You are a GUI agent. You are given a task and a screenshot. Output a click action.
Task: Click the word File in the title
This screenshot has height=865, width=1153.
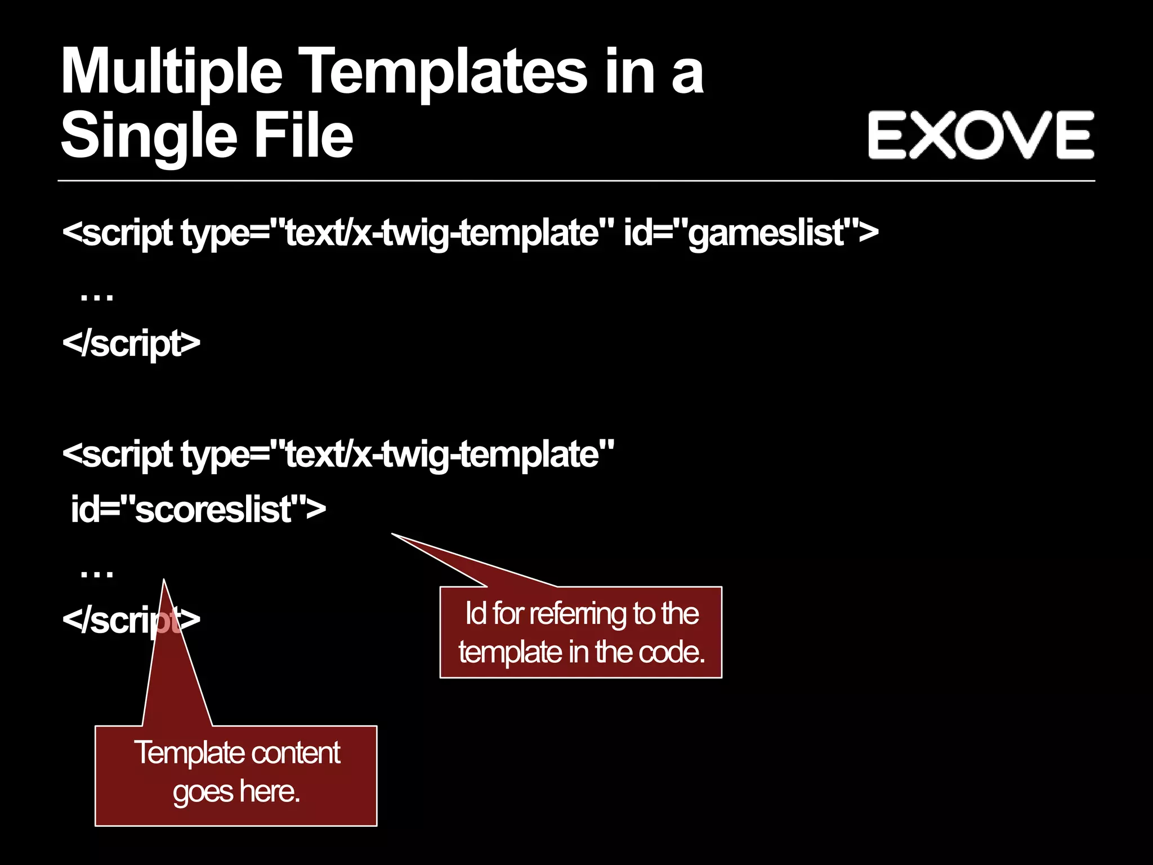click(303, 135)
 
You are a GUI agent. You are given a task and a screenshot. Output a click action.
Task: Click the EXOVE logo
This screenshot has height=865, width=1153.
click(980, 135)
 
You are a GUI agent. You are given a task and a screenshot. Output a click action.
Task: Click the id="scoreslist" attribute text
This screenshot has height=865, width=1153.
click(197, 509)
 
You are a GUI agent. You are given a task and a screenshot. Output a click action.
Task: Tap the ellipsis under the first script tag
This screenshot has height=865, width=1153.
click(97, 296)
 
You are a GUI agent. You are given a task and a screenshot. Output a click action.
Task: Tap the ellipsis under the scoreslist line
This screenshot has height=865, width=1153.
click(97, 573)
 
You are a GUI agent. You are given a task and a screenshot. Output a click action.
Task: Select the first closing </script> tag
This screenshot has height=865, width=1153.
click(131, 343)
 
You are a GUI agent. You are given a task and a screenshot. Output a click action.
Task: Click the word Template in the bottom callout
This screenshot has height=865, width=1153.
click(180, 753)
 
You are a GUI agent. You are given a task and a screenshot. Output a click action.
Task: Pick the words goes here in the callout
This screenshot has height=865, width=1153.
click(236, 792)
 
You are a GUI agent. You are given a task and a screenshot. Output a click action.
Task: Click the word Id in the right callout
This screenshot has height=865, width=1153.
click(476, 613)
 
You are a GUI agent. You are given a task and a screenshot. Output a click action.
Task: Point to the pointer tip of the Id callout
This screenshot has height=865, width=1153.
click(393, 534)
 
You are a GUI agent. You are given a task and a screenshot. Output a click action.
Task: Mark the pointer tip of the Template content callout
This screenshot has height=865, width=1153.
click(164, 580)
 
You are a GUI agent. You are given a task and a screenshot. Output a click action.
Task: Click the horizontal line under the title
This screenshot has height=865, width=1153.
click(576, 181)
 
